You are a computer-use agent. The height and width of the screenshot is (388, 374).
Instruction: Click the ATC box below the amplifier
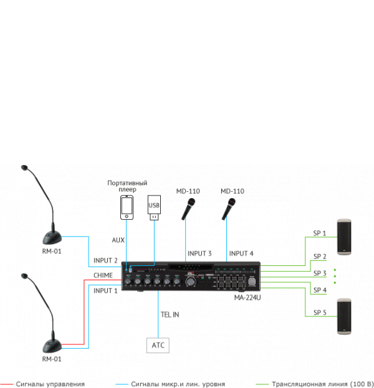point(158,344)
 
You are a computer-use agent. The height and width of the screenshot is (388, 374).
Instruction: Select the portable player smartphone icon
point(127,207)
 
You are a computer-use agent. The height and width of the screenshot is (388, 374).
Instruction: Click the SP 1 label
point(320,234)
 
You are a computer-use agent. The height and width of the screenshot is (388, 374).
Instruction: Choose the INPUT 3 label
point(199,253)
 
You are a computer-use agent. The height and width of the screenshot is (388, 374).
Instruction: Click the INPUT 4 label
point(241,253)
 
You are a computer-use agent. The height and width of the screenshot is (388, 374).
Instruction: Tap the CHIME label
point(103,275)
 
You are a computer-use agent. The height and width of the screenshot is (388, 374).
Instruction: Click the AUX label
point(118,240)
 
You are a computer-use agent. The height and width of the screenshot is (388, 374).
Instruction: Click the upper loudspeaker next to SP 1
point(345,237)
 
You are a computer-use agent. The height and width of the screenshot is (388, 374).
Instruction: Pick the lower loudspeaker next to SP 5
point(345,316)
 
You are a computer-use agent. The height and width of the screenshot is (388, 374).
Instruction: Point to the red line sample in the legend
point(7,384)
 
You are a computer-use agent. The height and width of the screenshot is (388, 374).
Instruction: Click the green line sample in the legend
point(261,384)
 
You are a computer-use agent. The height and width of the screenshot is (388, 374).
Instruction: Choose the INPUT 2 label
point(105,260)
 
